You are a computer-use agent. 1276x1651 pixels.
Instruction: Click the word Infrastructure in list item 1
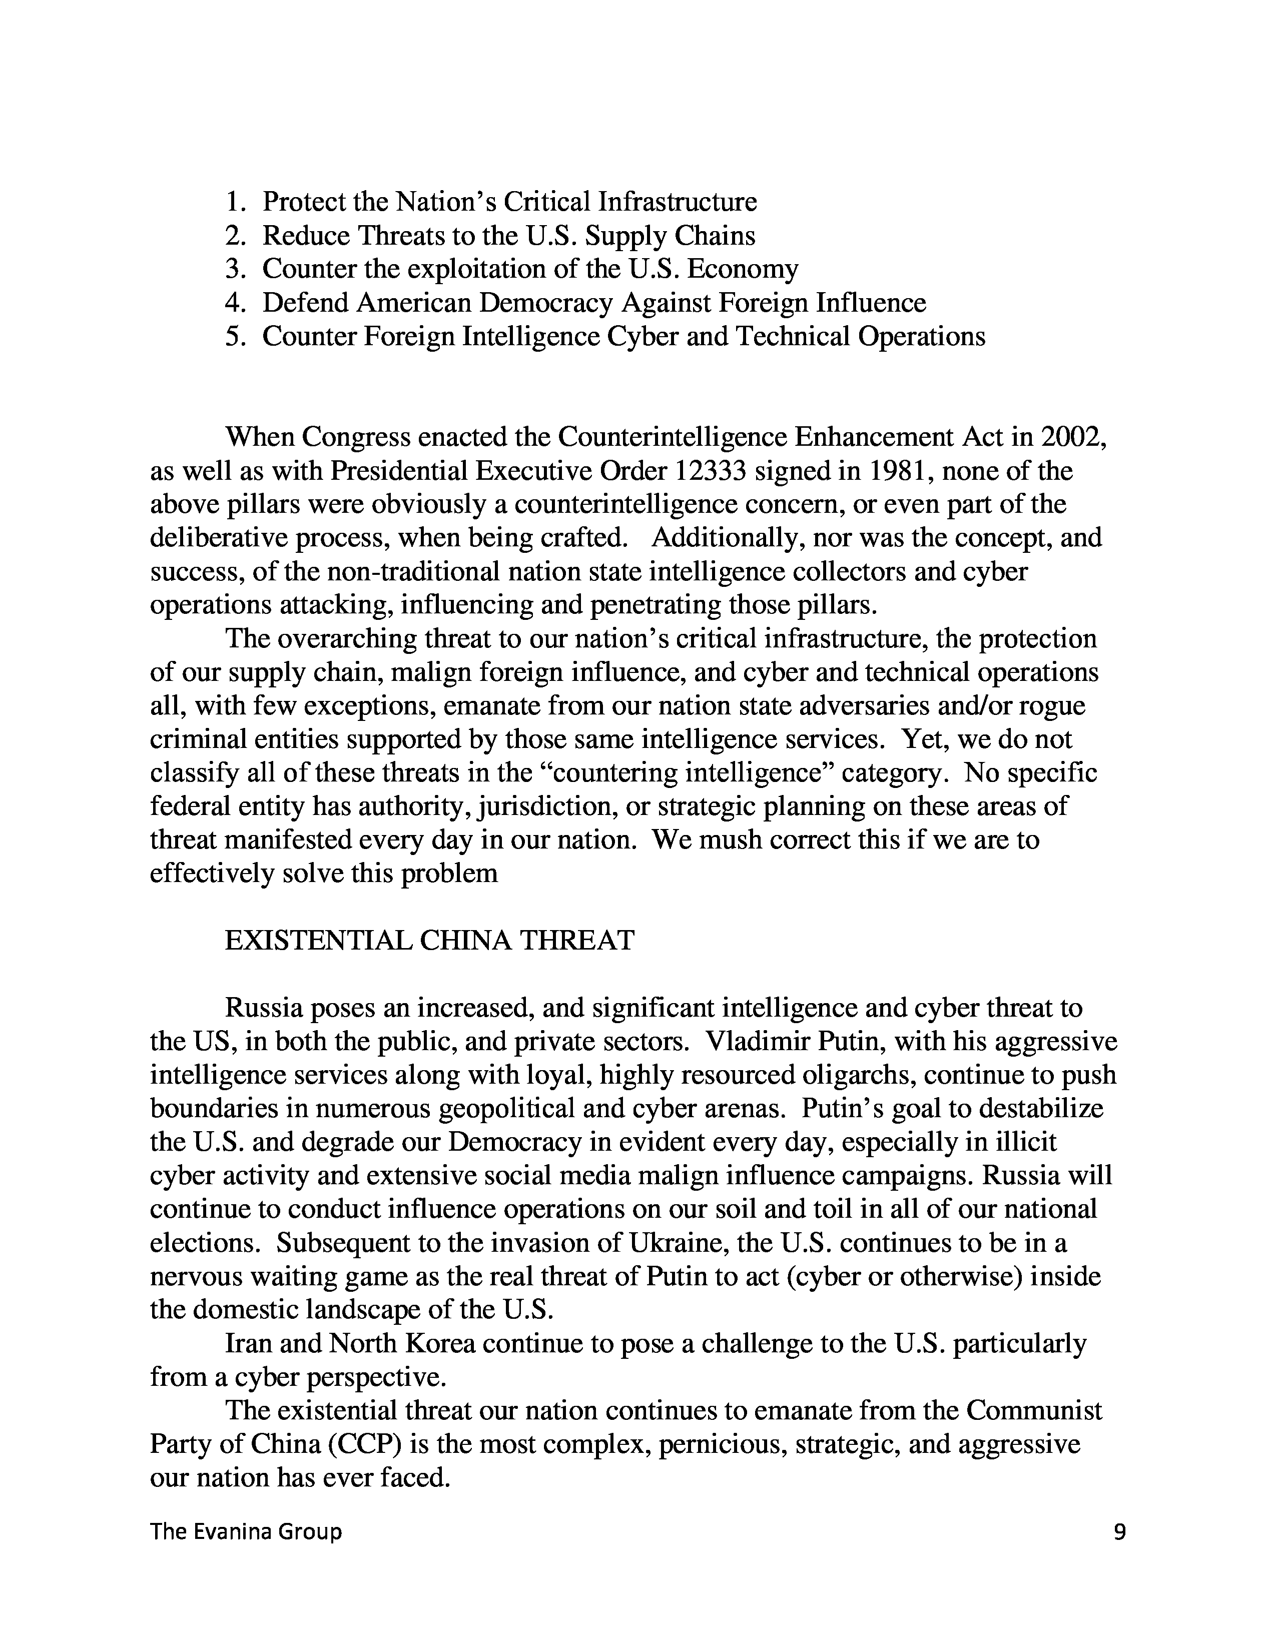[x=678, y=202]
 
